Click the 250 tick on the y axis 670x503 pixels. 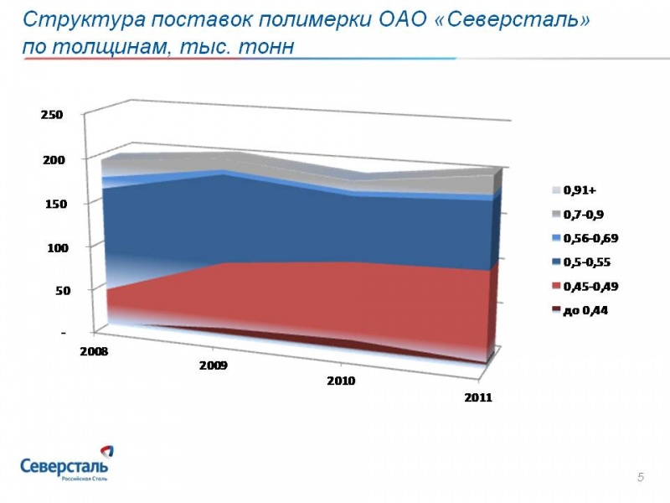52,115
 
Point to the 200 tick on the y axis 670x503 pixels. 52,159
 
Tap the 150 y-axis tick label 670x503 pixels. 52,204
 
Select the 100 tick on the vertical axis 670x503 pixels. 52,248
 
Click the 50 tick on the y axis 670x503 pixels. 54,291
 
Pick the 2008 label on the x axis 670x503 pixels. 93,351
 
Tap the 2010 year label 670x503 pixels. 342,381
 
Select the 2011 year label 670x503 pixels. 478,397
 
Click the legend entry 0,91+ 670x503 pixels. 579,189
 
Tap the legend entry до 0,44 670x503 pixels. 584,310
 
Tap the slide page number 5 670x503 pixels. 641,478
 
